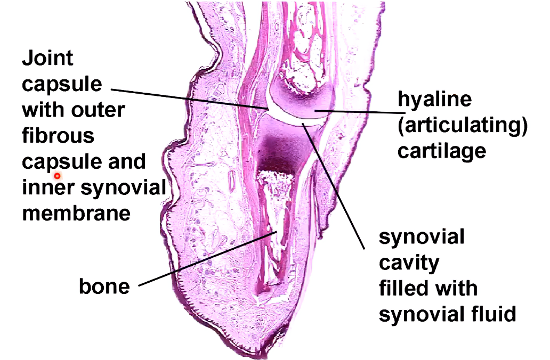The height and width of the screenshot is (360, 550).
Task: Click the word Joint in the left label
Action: [x=47, y=58]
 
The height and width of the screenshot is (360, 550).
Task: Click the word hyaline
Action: [x=435, y=100]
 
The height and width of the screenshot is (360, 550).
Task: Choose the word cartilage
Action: [x=442, y=151]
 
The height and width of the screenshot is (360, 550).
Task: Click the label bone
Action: [x=104, y=287]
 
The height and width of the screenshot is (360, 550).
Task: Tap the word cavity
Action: [x=409, y=262]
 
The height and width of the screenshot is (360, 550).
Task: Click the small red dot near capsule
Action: [x=57, y=175]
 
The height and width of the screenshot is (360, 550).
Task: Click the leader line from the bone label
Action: [x=208, y=258]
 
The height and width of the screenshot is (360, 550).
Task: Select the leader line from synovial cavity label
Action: [x=336, y=186]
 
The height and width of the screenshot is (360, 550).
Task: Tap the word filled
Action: [x=402, y=288]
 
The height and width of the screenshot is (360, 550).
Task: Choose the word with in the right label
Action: [x=452, y=288]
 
